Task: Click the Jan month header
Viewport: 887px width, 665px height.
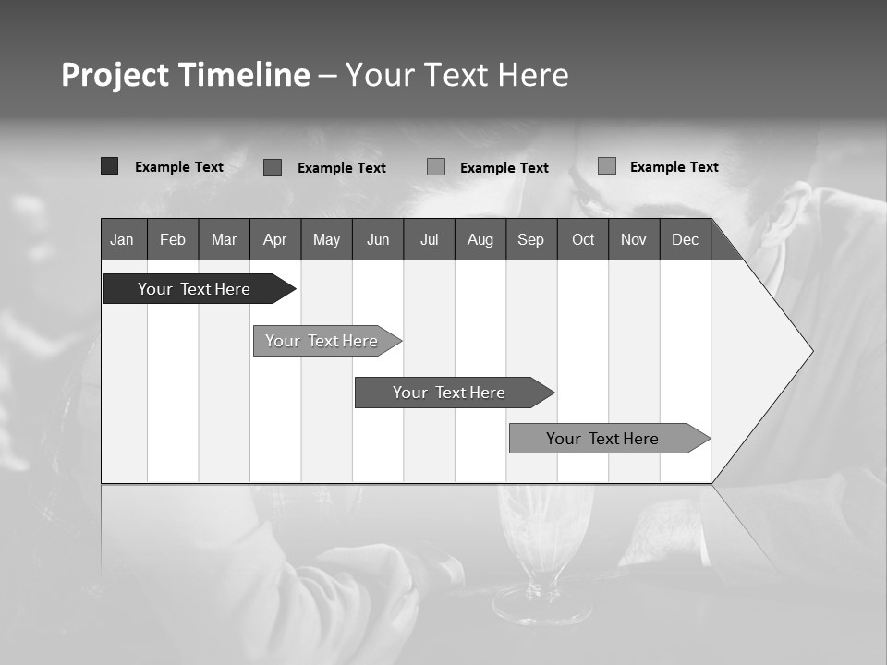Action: tap(123, 239)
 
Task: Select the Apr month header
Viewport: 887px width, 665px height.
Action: tap(275, 239)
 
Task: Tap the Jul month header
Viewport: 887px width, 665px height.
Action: tap(429, 239)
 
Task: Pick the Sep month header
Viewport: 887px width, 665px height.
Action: tap(531, 239)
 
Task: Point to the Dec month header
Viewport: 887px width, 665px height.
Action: tap(685, 239)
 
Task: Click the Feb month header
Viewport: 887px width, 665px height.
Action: tap(173, 239)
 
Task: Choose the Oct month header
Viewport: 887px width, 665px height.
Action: tap(583, 239)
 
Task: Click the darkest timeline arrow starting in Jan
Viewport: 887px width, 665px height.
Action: tap(195, 289)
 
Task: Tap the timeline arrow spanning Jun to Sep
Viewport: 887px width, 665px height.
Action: tap(450, 393)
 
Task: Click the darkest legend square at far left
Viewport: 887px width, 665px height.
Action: tap(109, 166)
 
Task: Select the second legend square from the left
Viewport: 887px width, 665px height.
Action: tap(272, 167)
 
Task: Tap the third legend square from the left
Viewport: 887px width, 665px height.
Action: tap(436, 167)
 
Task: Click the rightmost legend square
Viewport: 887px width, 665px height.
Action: tap(606, 166)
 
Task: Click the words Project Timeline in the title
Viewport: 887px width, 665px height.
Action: tap(185, 75)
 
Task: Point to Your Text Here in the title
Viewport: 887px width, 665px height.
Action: tap(456, 75)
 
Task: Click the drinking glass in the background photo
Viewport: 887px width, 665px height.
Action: tap(544, 554)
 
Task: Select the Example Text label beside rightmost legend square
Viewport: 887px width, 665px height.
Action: tap(674, 167)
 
